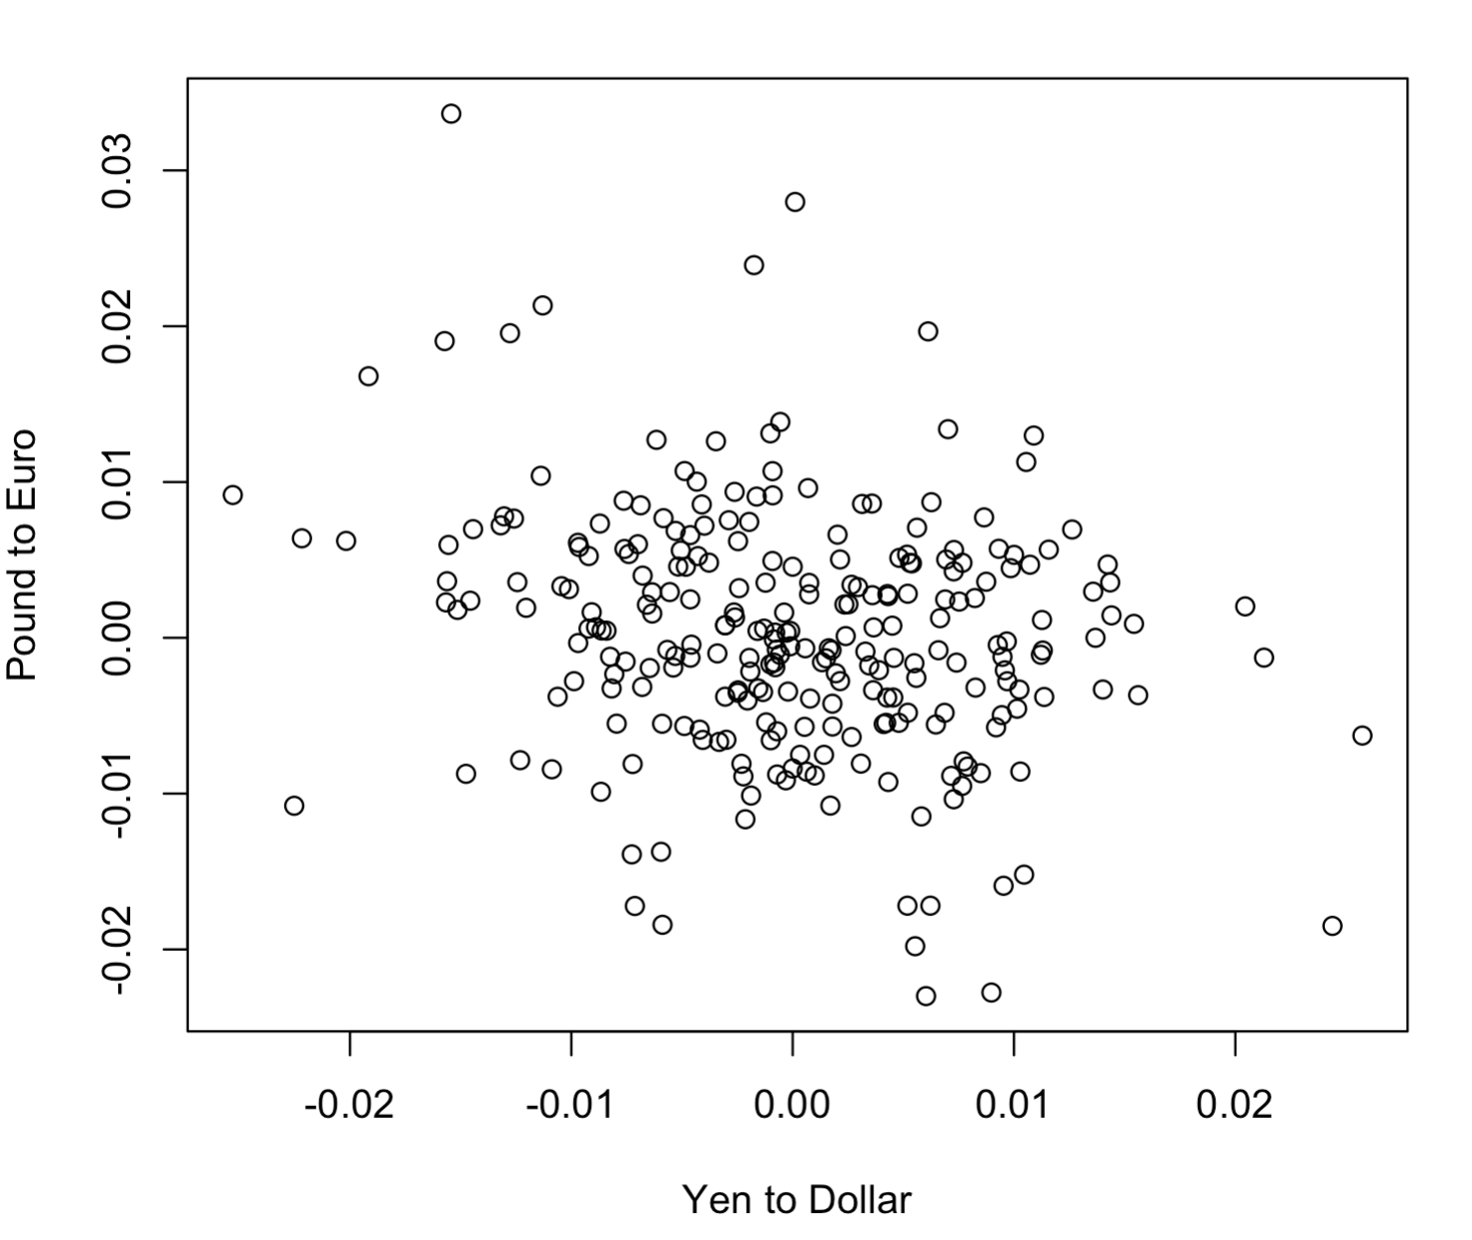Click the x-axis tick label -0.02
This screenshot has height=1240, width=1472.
(x=349, y=1104)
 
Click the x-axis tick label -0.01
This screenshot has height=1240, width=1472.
(x=570, y=1104)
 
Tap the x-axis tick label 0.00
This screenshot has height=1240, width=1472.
(x=793, y=1104)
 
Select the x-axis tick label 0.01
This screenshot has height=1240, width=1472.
(x=1013, y=1104)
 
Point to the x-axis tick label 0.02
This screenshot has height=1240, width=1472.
(x=1235, y=1104)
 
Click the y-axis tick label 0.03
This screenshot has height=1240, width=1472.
(x=118, y=171)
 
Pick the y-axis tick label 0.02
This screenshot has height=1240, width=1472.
(x=118, y=326)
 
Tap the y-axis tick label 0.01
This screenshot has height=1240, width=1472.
(x=118, y=482)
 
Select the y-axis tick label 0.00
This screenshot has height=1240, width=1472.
(x=118, y=638)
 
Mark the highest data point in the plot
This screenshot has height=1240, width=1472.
(x=451, y=113)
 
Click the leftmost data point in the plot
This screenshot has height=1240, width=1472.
(x=232, y=495)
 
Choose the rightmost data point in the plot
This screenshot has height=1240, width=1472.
(x=1362, y=735)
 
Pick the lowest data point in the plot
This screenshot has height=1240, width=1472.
(x=926, y=996)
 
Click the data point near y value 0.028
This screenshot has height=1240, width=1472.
(x=795, y=202)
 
